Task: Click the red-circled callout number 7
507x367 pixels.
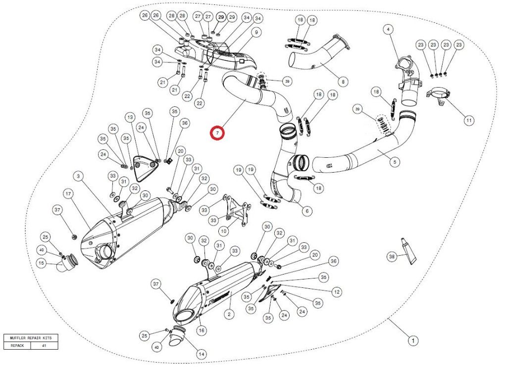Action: [x=217, y=133]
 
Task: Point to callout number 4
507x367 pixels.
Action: [x=388, y=30]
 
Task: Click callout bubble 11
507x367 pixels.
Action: [x=469, y=120]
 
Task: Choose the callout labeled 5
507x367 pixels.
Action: [x=395, y=161]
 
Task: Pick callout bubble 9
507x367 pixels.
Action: [x=256, y=33]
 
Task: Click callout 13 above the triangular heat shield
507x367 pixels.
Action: [x=130, y=117]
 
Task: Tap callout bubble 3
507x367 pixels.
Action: [x=78, y=176]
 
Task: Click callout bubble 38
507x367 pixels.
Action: [x=392, y=256]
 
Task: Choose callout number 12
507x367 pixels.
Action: [x=337, y=292]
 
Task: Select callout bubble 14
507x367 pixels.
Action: [x=201, y=354]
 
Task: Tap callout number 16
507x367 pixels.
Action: [x=201, y=330]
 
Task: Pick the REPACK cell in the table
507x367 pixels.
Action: [x=17, y=346]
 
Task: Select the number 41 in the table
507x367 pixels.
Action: [x=44, y=346]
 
